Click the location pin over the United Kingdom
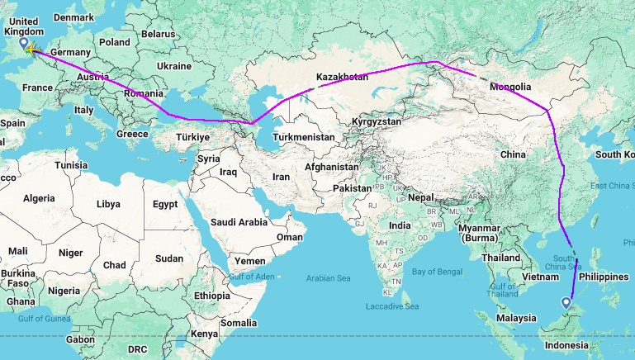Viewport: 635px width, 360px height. (23, 43)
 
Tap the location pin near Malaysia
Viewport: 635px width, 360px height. (566, 304)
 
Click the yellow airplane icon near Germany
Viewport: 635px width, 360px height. (31, 52)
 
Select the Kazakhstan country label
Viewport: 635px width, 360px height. (340, 77)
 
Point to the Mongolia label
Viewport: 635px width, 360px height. (510, 87)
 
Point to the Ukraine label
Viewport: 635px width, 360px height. (173, 65)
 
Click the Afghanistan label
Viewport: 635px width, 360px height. (330, 166)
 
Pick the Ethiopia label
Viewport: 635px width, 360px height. (212, 295)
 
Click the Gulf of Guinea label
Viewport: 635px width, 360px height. (40, 318)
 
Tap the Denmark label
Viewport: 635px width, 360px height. (73, 17)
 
